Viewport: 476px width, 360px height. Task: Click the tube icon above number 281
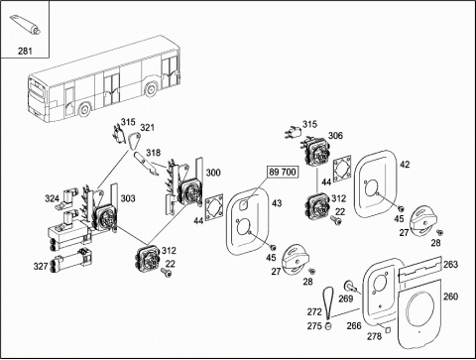(x=25, y=25)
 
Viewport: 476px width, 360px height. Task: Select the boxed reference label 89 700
(x=283, y=172)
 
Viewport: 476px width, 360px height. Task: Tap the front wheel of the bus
(x=84, y=110)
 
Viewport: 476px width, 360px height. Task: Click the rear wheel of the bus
(x=151, y=88)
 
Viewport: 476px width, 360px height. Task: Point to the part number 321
(x=147, y=127)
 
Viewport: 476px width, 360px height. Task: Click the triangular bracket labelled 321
(x=134, y=140)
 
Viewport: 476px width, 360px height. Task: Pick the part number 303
(x=128, y=198)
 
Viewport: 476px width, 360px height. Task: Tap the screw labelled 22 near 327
(x=167, y=273)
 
